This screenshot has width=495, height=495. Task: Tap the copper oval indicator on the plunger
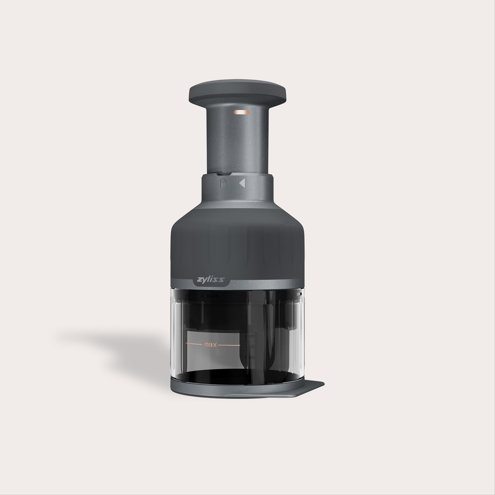[241, 112]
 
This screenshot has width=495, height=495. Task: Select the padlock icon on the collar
[223, 183]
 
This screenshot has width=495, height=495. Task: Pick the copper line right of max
[230, 345]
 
